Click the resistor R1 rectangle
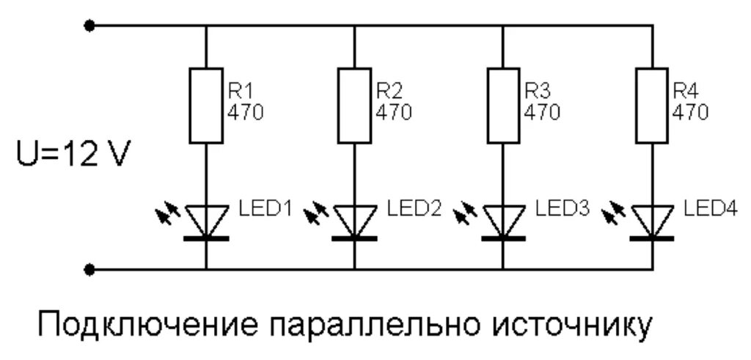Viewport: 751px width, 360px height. [x=205, y=106]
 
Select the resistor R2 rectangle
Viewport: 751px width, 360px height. [x=354, y=106]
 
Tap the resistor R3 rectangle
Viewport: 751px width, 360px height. [x=503, y=106]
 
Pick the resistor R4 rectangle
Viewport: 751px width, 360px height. [x=651, y=106]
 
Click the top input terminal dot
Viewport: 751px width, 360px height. [x=89, y=26]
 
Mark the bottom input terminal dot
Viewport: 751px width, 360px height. [x=89, y=269]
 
